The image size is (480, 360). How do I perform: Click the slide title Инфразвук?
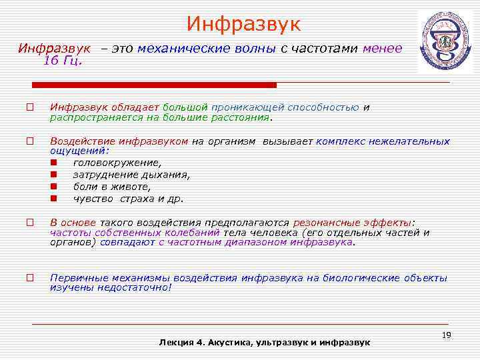pos(243,25)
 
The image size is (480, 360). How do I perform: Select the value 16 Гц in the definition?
pos(62,61)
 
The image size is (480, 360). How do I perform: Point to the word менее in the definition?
pos(382,48)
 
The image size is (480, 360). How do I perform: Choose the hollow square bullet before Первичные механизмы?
pos(30,278)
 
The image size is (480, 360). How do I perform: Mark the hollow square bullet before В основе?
pos(30,223)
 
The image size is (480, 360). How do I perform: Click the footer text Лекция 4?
pos(180,342)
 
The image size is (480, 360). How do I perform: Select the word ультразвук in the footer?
pos(287,342)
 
